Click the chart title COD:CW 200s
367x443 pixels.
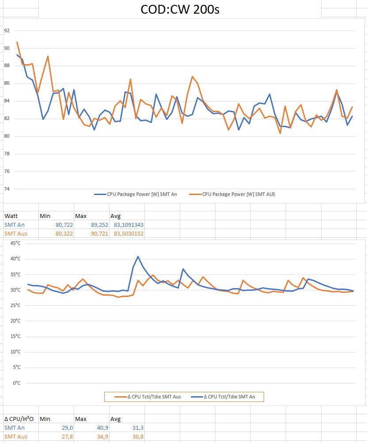(x=180, y=9)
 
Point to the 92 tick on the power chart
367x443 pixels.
(x=7, y=30)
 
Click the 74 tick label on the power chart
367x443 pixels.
(x=7, y=189)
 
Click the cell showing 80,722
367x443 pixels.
(x=64, y=225)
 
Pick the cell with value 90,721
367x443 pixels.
(x=99, y=233)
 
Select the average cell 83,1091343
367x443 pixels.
(x=129, y=225)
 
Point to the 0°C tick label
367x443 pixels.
(x=17, y=383)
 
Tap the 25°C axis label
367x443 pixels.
(x=15, y=305)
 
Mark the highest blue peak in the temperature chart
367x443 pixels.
(x=138, y=256)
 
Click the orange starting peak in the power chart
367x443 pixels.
(x=17, y=42)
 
